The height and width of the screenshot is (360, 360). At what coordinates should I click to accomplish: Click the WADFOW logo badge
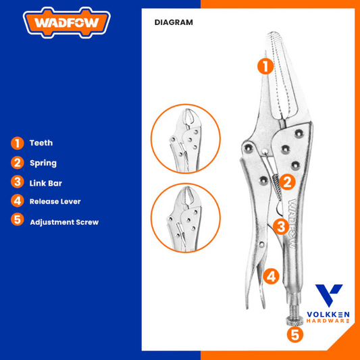pyautogui.click(x=67, y=22)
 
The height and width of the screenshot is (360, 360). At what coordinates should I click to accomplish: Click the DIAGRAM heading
pyautogui.click(x=174, y=22)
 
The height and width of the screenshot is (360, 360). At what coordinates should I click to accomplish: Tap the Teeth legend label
pyautogui.click(x=41, y=143)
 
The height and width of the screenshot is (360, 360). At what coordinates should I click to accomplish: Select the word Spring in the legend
pyautogui.click(x=43, y=163)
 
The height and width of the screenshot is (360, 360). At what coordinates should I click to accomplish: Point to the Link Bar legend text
pyautogui.click(x=46, y=183)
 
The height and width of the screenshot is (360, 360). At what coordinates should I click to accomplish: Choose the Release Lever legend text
pyautogui.click(x=55, y=201)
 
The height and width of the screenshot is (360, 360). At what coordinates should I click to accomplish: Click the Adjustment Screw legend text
pyautogui.click(x=64, y=222)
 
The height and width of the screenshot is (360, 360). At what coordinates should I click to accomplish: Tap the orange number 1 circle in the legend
pyautogui.click(x=17, y=143)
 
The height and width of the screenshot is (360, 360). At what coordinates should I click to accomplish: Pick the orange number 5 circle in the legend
pyautogui.click(x=17, y=220)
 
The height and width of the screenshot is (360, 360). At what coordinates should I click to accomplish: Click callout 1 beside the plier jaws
pyautogui.click(x=265, y=67)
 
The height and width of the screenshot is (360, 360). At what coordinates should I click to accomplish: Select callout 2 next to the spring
pyautogui.click(x=287, y=182)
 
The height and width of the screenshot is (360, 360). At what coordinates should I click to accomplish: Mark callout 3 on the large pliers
pyautogui.click(x=281, y=227)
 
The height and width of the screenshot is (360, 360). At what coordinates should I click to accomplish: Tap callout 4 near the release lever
pyautogui.click(x=271, y=276)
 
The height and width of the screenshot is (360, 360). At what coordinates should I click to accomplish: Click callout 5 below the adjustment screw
pyautogui.click(x=295, y=335)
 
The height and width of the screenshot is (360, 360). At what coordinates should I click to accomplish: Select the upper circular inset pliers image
pyautogui.click(x=186, y=138)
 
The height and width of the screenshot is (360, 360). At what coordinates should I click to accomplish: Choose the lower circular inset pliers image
pyautogui.click(x=186, y=217)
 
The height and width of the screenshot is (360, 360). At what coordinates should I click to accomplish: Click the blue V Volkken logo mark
pyautogui.click(x=329, y=295)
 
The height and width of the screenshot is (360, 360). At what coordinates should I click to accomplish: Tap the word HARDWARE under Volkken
pyautogui.click(x=328, y=321)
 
